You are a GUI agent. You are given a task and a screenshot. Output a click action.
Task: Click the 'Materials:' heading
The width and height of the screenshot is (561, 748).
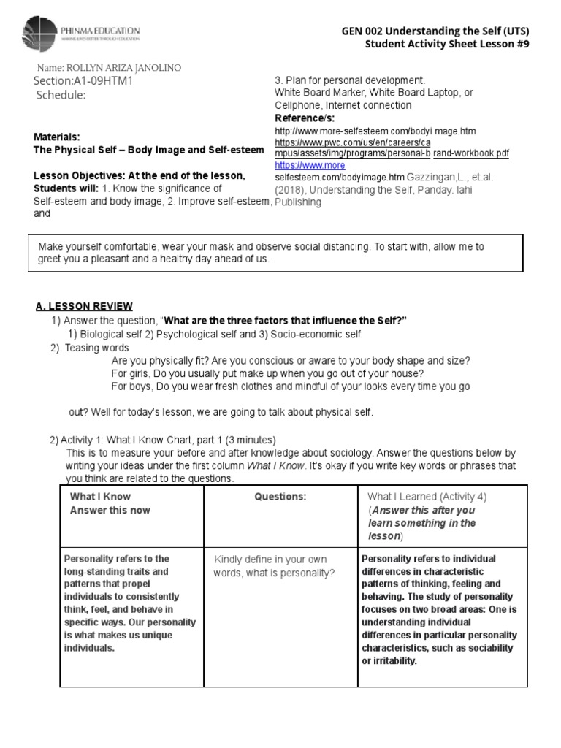[x=57, y=137]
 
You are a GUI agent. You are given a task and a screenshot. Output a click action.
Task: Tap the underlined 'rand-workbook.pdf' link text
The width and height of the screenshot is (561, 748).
[x=471, y=153]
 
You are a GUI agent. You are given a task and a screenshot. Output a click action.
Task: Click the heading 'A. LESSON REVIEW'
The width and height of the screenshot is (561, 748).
[x=85, y=306]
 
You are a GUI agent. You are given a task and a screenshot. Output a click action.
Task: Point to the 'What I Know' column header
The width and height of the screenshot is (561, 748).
[x=100, y=497]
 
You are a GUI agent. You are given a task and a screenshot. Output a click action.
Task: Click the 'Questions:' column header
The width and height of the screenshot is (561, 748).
[x=280, y=497]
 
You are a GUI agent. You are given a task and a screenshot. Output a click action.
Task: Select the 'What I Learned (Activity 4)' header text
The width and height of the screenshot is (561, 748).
[x=427, y=497]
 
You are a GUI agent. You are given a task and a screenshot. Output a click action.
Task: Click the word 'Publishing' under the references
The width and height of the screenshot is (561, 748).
[x=297, y=202]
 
